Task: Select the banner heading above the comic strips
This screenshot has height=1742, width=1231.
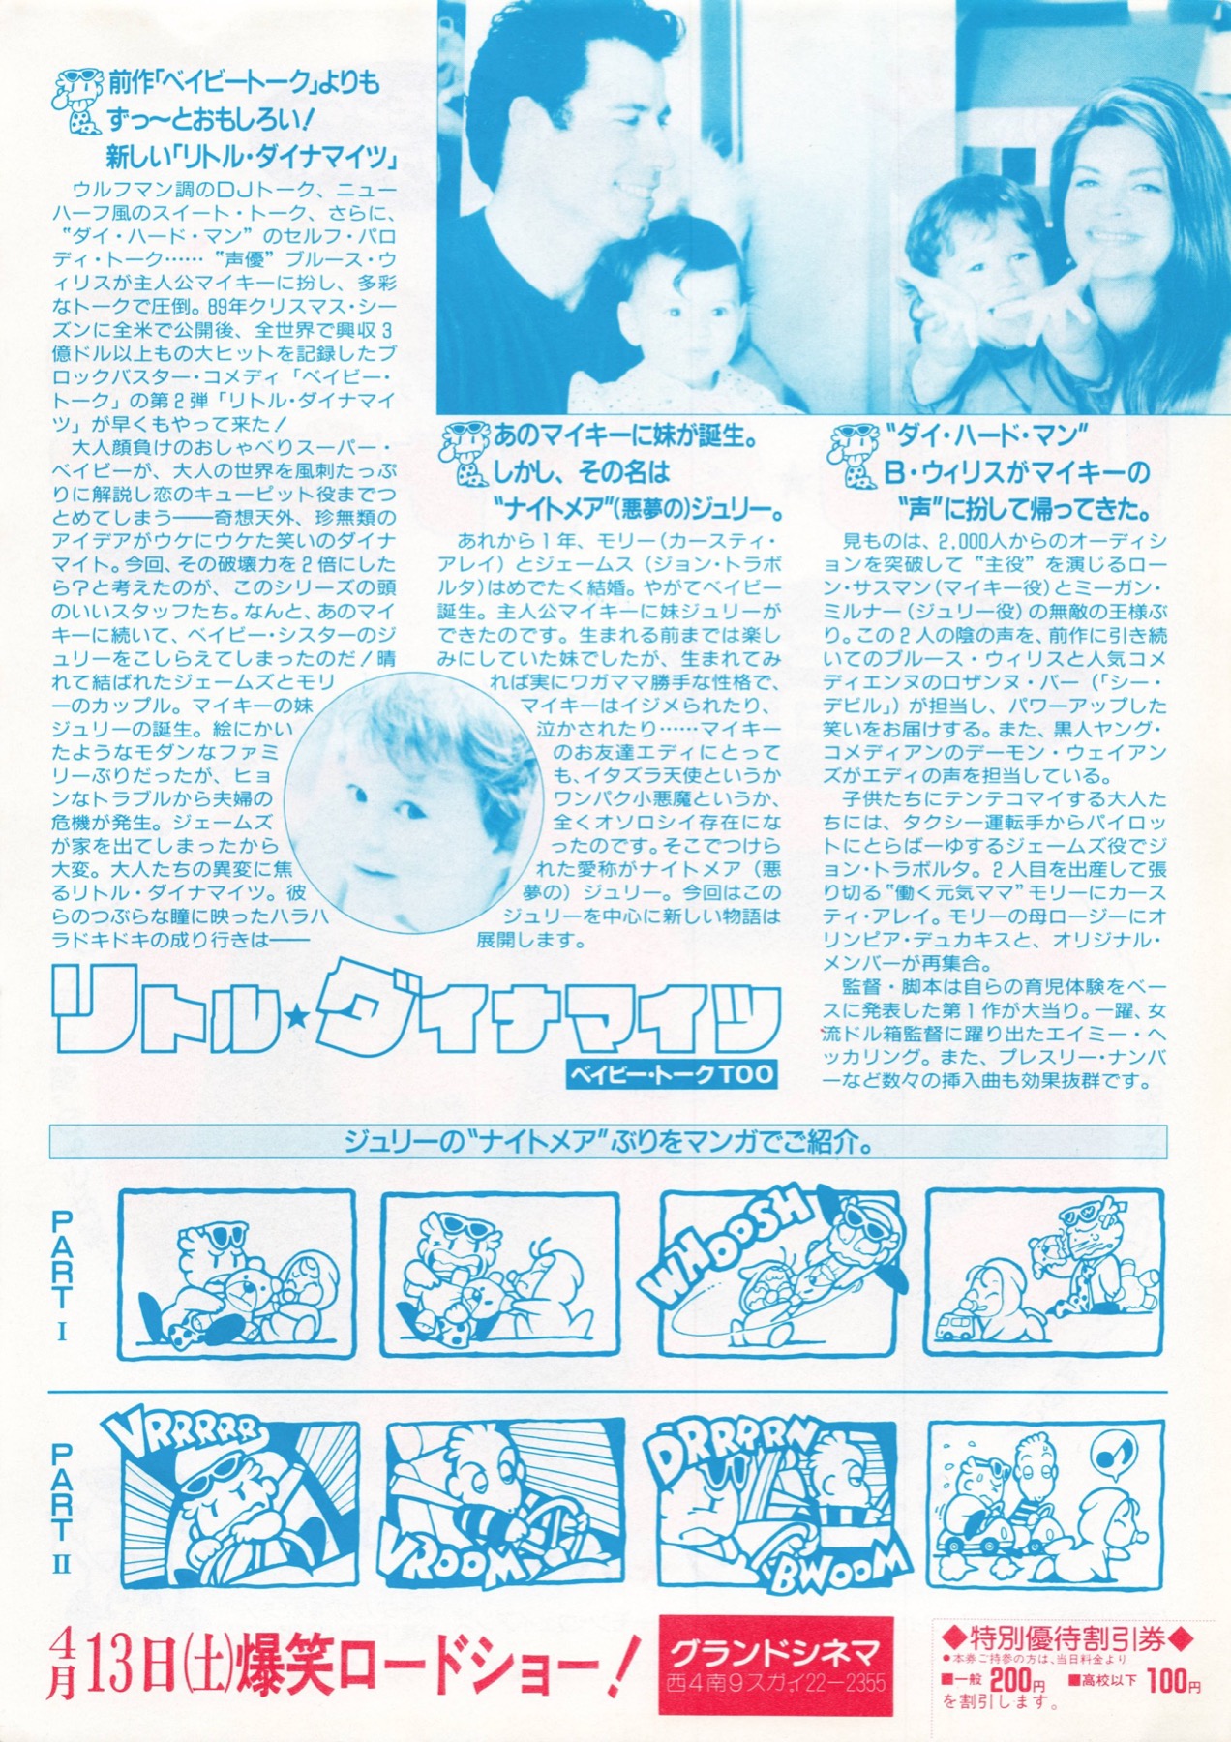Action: pyautogui.click(x=608, y=1143)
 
